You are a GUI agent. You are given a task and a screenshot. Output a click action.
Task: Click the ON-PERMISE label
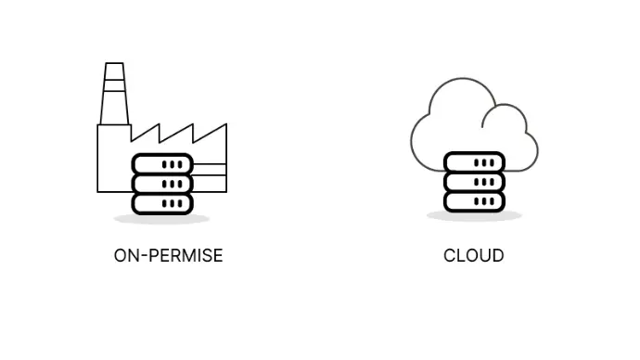coord(168,256)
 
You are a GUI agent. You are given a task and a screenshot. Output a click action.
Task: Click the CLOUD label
coord(473,256)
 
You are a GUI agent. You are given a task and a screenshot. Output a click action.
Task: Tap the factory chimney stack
coord(114,94)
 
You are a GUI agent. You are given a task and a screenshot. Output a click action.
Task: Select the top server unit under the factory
coord(162,164)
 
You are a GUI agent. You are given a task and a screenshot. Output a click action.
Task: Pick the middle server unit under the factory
coord(162,184)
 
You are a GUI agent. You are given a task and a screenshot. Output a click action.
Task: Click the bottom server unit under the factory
coord(162,204)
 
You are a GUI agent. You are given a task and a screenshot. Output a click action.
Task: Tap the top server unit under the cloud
coord(474,162)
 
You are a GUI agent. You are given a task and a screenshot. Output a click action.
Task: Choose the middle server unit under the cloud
coord(474,182)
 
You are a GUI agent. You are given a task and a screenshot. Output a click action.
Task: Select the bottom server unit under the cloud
coord(474,201)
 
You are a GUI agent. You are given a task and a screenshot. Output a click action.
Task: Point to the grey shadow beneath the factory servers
coord(161,219)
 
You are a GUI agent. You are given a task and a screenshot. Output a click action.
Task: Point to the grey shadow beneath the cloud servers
coord(474,216)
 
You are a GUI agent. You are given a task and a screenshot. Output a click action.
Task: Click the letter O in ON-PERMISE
coord(121,256)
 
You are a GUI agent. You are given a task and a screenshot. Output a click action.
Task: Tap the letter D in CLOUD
coord(497,256)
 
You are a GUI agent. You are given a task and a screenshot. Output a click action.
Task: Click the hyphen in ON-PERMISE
coord(144,257)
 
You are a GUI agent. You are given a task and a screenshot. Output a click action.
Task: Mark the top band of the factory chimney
coord(114,71)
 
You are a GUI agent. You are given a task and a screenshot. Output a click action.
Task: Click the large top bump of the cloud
coord(463,79)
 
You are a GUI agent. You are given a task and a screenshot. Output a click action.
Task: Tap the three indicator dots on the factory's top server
coord(173,164)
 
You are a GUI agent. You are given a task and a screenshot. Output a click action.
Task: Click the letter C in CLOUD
coord(449,256)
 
